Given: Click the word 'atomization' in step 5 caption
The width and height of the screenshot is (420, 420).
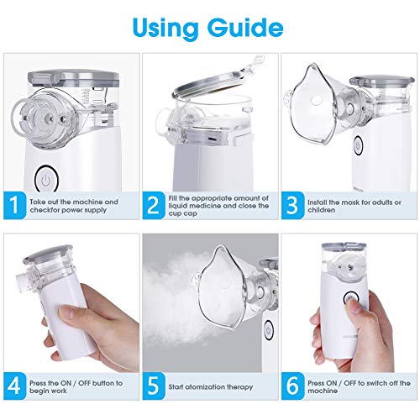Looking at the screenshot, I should point(208,387).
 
